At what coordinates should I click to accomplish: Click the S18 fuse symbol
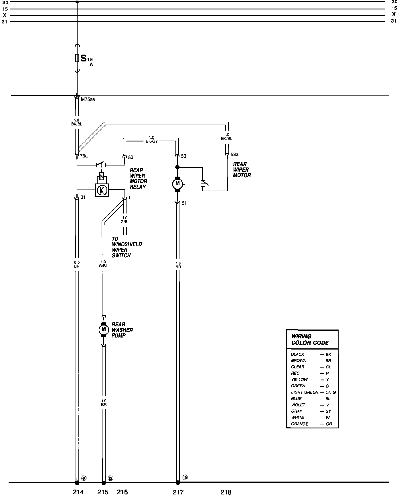click(x=77, y=58)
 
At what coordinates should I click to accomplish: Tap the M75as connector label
click(x=88, y=100)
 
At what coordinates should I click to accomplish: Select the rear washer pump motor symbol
click(x=104, y=330)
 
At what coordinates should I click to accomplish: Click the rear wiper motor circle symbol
click(x=177, y=183)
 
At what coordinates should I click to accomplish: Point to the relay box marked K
click(x=102, y=190)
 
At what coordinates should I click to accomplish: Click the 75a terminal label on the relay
click(x=84, y=156)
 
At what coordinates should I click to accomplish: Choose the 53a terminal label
click(x=234, y=155)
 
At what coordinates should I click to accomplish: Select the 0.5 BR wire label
click(x=77, y=264)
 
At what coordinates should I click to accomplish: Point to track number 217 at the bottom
click(x=178, y=492)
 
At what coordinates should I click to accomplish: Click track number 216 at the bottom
click(x=122, y=492)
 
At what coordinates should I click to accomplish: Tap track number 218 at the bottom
click(x=226, y=492)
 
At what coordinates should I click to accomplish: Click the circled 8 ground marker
click(x=84, y=478)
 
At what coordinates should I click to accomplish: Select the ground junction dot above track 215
click(x=104, y=483)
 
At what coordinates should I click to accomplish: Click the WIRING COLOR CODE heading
click(x=310, y=340)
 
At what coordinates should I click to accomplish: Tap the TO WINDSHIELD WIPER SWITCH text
click(x=127, y=247)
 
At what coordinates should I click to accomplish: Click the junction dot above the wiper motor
click(x=177, y=167)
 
